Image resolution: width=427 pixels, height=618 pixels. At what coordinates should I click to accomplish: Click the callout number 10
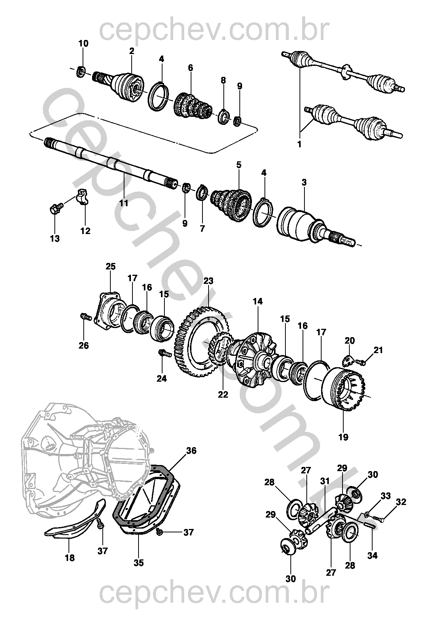pyautogui.click(x=83, y=43)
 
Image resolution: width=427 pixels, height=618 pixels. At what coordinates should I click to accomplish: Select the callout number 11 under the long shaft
pyautogui.click(x=124, y=203)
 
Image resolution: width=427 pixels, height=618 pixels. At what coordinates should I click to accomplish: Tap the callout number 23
pyautogui.click(x=209, y=281)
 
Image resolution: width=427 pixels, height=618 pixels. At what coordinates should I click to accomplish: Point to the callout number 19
pyautogui.click(x=343, y=437)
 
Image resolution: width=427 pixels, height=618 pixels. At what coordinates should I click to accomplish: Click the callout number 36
pyautogui.click(x=191, y=451)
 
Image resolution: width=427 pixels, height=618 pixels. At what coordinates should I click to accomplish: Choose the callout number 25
pyautogui.click(x=110, y=266)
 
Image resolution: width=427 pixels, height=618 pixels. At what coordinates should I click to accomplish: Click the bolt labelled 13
pyautogui.click(x=55, y=209)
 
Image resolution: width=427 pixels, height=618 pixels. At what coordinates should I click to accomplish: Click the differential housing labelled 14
pyautogui.click(x=253, y=358)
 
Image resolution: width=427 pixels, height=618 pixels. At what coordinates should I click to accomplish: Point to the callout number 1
pyautogui.click(x=299, y=144)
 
